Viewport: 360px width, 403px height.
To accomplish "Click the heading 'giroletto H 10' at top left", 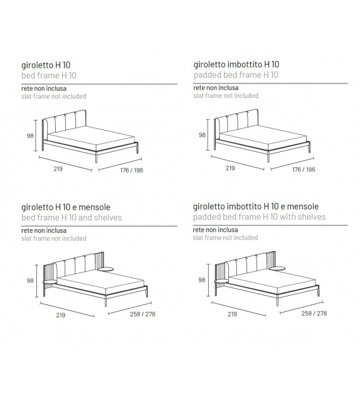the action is (46, 65).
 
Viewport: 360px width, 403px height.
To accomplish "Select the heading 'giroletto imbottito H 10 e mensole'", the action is (256, 207).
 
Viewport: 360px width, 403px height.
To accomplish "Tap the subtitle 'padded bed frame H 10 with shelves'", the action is (260, 217).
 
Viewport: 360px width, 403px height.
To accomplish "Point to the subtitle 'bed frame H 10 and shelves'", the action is (71, 218).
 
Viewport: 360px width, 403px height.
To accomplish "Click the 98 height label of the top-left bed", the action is (30, 136).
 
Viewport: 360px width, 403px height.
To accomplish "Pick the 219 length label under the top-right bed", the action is (230, 168).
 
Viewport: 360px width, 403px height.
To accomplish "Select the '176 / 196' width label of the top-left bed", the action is (132, 170).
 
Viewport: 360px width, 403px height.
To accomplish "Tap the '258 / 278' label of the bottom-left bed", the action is (142, 314).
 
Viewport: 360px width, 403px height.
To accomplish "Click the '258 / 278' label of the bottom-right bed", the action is (314, 313).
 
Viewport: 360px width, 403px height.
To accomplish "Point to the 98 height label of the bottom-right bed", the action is (201, 279).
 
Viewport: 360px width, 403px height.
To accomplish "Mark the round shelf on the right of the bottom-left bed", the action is (105, 269).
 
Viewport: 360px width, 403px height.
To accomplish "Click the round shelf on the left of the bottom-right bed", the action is (221, 282).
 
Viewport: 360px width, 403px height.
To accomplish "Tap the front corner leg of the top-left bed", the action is (97, 156).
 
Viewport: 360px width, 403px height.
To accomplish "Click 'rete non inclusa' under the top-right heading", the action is (216, 88).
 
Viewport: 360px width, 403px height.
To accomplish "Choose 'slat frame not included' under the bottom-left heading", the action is (54, 239).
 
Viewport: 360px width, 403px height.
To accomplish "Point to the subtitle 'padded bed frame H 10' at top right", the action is (236, 75).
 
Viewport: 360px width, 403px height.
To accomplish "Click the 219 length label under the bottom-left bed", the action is (61, 315).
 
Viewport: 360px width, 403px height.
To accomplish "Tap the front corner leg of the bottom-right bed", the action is (278, 299).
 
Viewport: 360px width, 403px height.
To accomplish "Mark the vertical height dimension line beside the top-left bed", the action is (36, 136).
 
